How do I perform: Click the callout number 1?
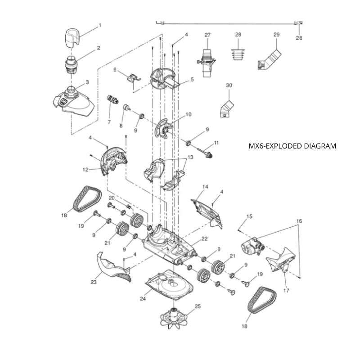pyautogui.click(x=100, y=25)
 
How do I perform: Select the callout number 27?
pyautogui.click(x=207, y=35)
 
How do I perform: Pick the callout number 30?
pyautogui.click(x=229, y=85)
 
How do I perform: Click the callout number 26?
pyautogui.click(x=299, y=38)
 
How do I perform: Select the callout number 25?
pyautogui.click(x=197, y=306)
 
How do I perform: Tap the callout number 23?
pyautogui.click(x=94, y=283)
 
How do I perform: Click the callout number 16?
pyautogui.click(x=298, y=221)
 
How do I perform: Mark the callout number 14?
pyautogui.click(x=205, y=186)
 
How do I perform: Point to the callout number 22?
pyautogui.click(x=204, y=238)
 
